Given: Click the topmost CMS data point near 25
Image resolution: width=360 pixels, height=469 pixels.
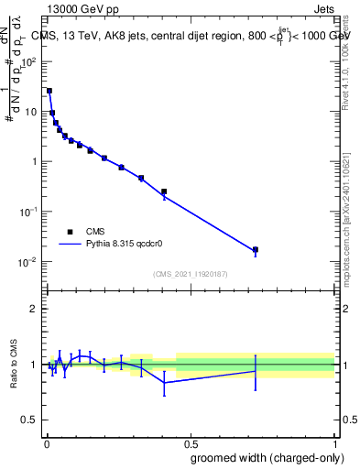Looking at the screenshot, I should pos(49,91).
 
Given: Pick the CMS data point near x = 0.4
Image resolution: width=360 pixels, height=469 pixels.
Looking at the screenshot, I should pos(164,191).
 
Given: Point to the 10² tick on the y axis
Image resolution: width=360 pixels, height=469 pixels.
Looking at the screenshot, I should pos(30,61).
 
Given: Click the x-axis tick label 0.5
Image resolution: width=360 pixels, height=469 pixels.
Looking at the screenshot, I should pos(190,443).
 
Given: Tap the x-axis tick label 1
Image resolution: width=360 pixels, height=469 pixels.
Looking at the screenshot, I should pos(334,443).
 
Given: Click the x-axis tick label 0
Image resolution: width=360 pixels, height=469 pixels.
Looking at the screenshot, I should pos(46,443).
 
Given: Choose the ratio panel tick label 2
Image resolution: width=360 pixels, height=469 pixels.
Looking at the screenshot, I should pos(35,309).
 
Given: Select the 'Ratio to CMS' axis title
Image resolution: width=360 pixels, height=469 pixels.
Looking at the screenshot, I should pos(14,365).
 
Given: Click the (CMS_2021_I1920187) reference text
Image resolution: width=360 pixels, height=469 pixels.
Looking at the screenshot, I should pos(191,274).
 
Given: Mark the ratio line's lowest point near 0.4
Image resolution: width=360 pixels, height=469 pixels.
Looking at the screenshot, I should pos(164,382).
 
